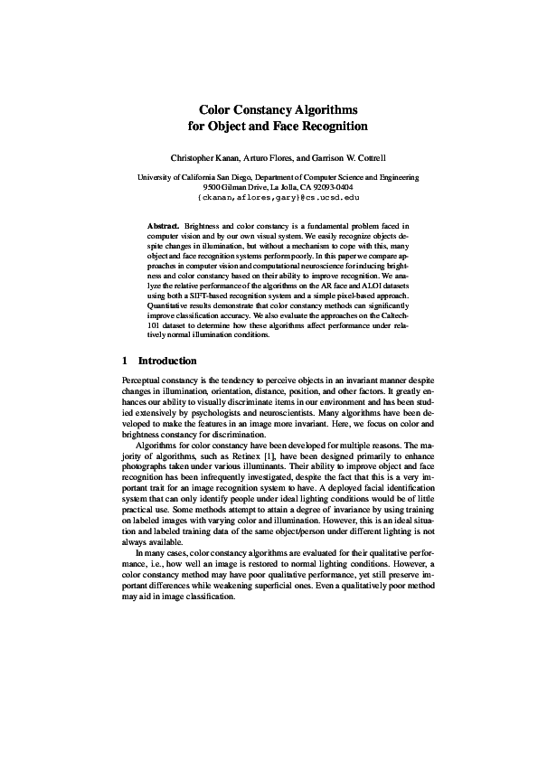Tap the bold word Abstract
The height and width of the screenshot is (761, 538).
163,223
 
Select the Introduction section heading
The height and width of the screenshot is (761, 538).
167,361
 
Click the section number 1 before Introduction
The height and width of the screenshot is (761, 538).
125,361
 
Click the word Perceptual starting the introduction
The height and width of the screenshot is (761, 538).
145,381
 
